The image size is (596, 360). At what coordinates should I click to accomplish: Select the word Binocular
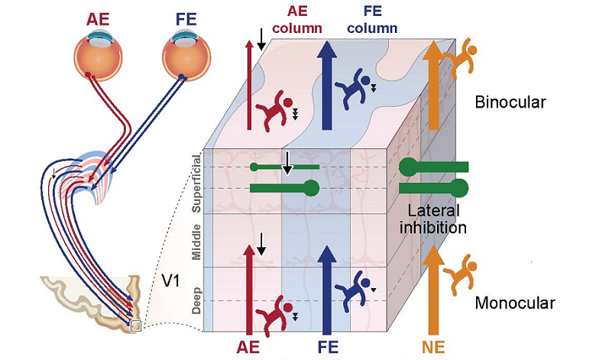[x=510, y=102]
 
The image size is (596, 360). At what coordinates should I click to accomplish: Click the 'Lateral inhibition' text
[x=437, y=219]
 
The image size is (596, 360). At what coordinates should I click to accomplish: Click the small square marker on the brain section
[x=136, y=326]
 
